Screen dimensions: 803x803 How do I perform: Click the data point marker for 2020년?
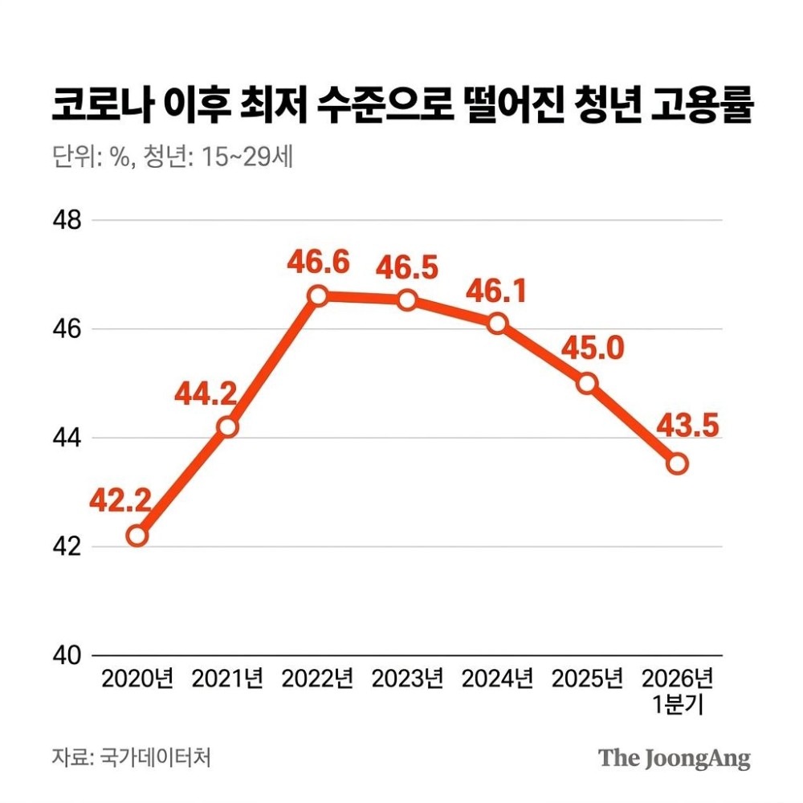pyautogui.click(x=137, y=536)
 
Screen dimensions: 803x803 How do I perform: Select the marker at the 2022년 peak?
pyautogui.click(x=318, y=296)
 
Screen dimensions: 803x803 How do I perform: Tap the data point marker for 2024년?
pyautogui.click(x=498, y=324)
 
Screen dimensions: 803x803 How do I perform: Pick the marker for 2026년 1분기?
pyautogui.click(x=678, y=463)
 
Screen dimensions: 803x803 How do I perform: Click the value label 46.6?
pyautogui.click(x=319, y=262)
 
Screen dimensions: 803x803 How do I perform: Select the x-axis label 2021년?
pyautogui.click(x=227, y=680)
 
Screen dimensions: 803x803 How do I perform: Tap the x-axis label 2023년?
pyautogui.click(x=407, y=680)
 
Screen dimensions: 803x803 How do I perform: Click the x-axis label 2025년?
pyautogui.click(x=587, y=680)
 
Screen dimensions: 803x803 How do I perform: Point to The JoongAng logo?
pyautogui.click(x=675, y=757)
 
